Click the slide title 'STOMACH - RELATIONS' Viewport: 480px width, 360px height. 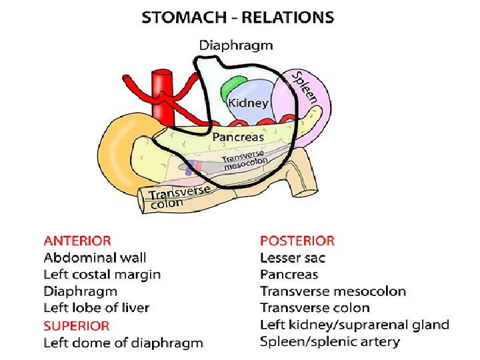(237, 18)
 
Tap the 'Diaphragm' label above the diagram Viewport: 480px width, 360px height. (236, 45)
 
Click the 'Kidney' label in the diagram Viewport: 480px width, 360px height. (248, 103)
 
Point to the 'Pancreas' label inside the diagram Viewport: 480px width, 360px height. (238, 137)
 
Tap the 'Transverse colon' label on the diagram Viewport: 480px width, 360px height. (179, 197)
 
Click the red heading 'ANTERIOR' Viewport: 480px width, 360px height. (77, 241)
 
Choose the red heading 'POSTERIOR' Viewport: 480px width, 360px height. (297, 241)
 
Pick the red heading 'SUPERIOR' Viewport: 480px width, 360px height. (76, 326)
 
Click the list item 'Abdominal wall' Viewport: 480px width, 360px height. (95, 257)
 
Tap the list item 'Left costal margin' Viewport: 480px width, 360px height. (102, 274)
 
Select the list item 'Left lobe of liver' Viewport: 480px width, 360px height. (97, 308)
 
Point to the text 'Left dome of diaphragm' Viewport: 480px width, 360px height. (123, 343)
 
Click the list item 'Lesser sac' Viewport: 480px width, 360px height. (293, 257)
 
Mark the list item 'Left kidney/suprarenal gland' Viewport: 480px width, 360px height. (354, 325)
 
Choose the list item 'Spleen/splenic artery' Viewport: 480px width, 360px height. (330, 342)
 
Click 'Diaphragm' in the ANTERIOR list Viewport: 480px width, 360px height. (80, 291)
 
